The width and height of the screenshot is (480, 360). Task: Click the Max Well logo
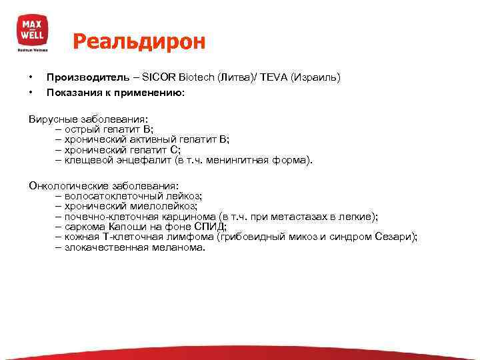tap(32, 31)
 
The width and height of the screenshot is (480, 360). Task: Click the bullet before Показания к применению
tap(31, 93)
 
